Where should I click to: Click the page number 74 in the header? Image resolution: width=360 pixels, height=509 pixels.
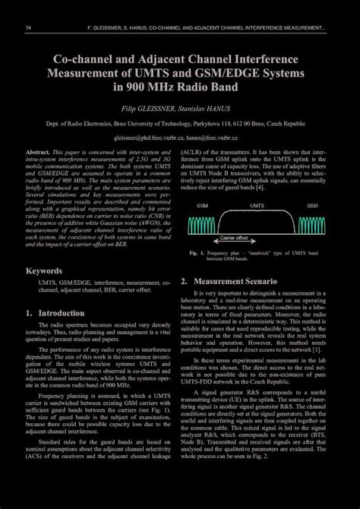pyautogui.click(x=27, y=29)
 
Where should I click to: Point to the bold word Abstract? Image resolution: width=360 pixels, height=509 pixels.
pyautogui.click(x=39, y=153)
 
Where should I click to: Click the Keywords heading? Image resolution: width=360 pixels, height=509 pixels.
pyautogui.click(x=44, y=270)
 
